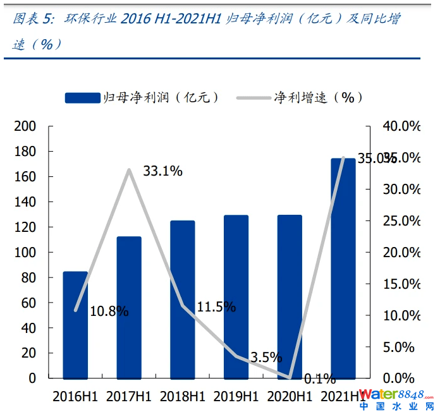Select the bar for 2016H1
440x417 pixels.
(x=75, y=325)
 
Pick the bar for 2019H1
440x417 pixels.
(x=236, y=296)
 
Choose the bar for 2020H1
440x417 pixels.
(x=290, y=296)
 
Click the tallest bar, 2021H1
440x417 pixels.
(x=343, y=268)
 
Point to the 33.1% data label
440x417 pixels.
(x=162, y=171)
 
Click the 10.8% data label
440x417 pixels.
(x=109, y=311)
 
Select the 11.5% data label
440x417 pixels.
(x=216, y=308)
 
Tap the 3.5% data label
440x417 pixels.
(x=266, y=358)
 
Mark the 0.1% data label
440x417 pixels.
(x=320, y=379)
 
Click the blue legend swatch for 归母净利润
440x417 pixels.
(x=83, y=97)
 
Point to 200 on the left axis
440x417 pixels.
(x=25, y=126)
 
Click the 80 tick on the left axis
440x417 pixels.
(x=28, y=277)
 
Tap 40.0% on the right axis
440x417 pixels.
(x=401, y=126)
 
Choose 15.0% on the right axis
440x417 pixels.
(x=401, y=284)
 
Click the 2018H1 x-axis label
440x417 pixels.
(x=183, y=396)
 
